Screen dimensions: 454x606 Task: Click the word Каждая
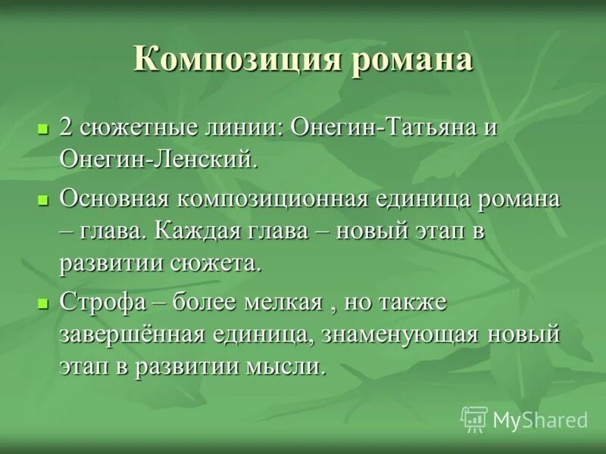[195, 232]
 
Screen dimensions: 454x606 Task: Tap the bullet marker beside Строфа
[43, 303]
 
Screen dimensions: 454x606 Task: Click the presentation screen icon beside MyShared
[474, 418]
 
